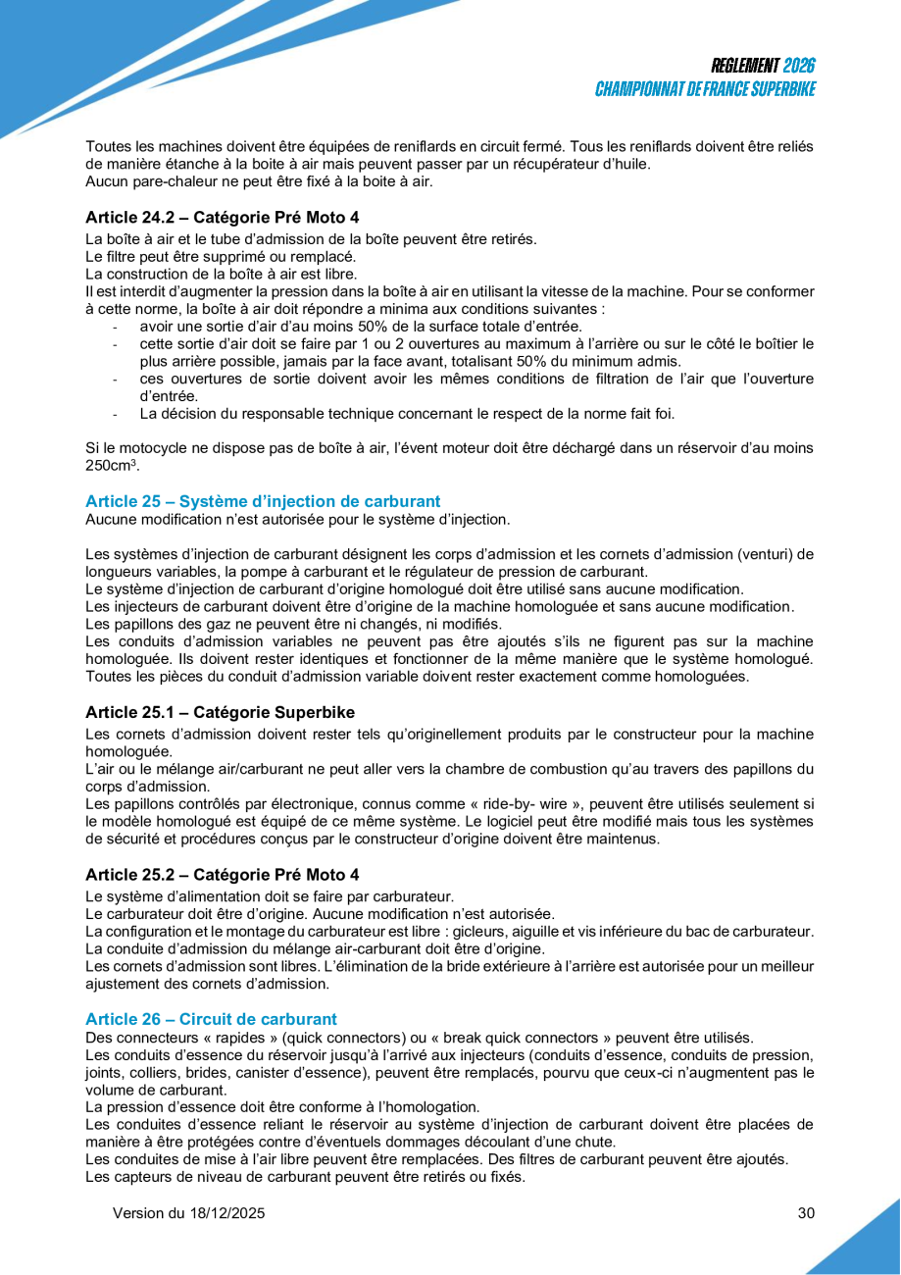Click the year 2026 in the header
[x=799, y=66]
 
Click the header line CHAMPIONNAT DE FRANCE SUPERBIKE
[x=705, y=89]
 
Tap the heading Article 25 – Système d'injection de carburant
[x=263, y=501]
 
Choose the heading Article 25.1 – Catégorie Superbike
[x=220, y=711]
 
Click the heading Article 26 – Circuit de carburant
[x=211, y=1019]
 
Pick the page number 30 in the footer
[x=806, y=1213]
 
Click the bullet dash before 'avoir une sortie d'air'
[x=116, y=327]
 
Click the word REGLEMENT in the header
[x=745, y=66]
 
